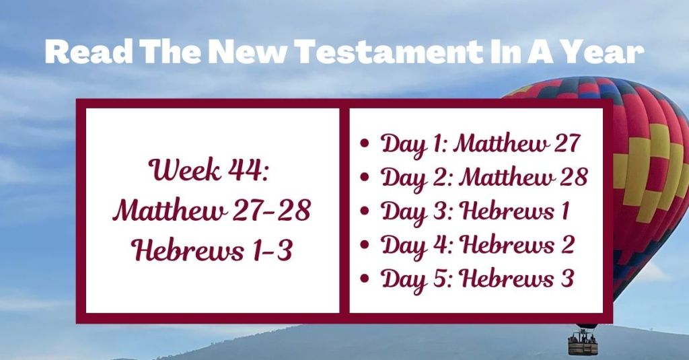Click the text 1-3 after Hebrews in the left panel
click(268, 250)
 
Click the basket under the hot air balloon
click(582, 344)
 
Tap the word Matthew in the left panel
click(161, 211)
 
